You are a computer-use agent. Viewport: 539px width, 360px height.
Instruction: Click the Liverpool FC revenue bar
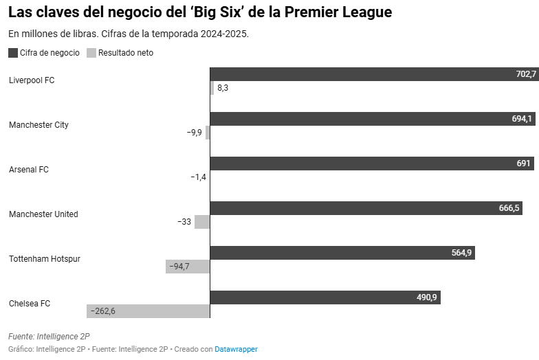[371, 74]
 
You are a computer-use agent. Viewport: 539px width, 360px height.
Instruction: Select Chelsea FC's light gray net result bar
[148, 311]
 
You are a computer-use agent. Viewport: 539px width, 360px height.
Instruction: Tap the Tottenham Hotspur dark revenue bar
[342, 253]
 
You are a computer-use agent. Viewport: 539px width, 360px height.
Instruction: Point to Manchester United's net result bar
[202, 222]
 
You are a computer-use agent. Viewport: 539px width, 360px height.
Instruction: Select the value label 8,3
[223, 88]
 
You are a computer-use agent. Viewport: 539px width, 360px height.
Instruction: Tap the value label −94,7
[179, 267]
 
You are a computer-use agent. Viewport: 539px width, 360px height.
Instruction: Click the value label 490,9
[426, 297]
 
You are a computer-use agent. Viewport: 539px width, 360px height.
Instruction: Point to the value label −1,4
[198, 177]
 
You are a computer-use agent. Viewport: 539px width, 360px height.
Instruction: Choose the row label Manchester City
[38, 125]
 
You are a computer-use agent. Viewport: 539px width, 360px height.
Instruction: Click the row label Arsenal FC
[29, 170]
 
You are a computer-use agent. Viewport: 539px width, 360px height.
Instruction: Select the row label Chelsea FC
[30, 304]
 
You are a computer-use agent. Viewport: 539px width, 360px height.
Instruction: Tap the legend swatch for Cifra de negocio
[13, 53]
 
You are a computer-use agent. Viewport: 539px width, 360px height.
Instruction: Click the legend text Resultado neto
[126, 53]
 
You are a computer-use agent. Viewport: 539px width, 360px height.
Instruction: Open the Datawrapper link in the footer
[236, 349]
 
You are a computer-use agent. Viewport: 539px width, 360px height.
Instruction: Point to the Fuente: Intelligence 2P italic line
[49, 336]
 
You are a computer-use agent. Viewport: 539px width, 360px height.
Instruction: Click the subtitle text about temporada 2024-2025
[128, 34]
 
